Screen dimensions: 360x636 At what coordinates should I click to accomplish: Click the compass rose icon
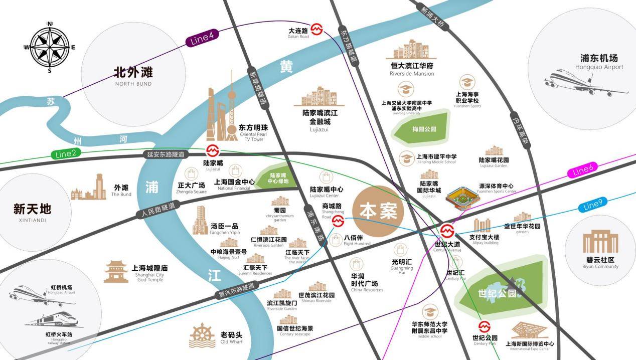coord(50,47)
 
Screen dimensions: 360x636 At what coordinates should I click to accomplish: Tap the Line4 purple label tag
coord(202,39)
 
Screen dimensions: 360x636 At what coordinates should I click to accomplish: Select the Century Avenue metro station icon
coord(447,231)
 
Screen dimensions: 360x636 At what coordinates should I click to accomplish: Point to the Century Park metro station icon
coord(484,326)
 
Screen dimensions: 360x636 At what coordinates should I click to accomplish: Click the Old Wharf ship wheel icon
coord(202,335)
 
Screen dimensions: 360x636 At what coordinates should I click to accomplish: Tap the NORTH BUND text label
coord(133,84)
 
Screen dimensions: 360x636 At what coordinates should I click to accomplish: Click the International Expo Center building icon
coord(528,330)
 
